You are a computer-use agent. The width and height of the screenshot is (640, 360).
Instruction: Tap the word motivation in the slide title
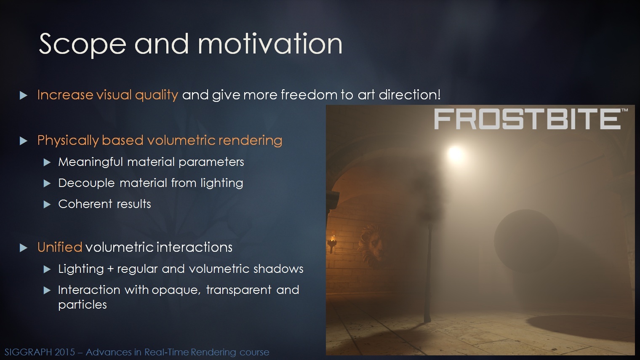[x=270, y=43]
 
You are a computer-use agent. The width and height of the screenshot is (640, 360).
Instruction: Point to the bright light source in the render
[x=456, y=154]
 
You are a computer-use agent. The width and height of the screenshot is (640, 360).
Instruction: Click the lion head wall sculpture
[x=372, y=246]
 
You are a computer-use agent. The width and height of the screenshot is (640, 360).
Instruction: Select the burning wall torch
[x=333, y=243]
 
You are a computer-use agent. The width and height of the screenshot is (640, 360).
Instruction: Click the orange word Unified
[x=59, y=247]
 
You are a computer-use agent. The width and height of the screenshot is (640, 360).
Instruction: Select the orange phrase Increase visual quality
[x=107, y=95]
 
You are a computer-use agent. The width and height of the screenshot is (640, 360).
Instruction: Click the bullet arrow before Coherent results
[x=47, y=205]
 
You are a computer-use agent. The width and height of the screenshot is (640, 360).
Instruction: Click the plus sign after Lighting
[x=110, y=269]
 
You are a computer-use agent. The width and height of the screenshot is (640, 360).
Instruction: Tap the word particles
[x=83, y=305]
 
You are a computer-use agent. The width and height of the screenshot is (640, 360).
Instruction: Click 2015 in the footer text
[x=65, y=352]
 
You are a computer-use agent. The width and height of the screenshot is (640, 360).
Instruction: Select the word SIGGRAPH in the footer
[x=28, y=352]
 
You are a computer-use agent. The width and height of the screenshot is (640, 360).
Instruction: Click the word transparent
[x=239, y=290]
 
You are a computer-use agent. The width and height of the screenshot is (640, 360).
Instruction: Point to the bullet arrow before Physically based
[x=24, y=141]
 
